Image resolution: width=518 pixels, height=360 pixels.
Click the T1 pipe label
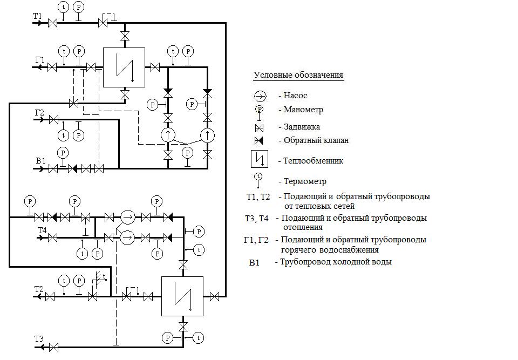pos(37,16)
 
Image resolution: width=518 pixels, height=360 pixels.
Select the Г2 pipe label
pos(39,112)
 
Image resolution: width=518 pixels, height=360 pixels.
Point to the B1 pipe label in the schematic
pos(40,161)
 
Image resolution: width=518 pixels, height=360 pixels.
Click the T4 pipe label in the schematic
pos(42,230)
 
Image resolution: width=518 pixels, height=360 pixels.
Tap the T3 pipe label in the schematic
pos(39,339)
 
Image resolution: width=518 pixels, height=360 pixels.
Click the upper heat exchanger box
pos(124,67)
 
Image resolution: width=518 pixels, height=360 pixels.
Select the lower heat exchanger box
pos(182,296)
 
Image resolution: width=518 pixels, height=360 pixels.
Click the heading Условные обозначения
pos(298,75)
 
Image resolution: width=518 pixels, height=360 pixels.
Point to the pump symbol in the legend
pos(260,96)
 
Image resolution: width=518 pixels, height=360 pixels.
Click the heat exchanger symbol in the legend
pos(259,160)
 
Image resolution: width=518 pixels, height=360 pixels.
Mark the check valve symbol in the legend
pos(259,140)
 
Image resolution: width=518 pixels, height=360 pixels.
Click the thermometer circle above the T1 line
pos(64,8)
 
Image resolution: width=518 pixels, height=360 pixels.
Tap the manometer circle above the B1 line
pos(64,153)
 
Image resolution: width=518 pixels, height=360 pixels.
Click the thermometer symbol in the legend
pos(258,176)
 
